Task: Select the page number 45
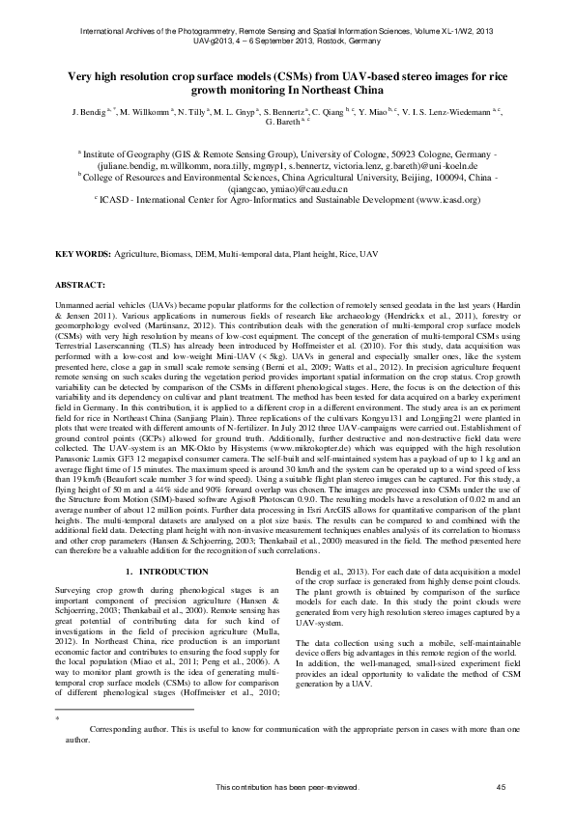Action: (501, 788)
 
